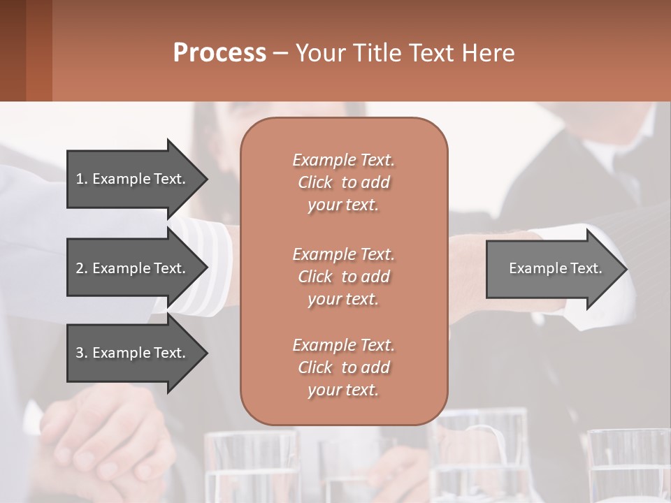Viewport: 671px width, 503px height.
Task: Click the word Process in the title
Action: pyautogui.click(x=219, y=52)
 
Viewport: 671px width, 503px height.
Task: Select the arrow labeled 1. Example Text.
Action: pyautogui.click(x=133, y=179)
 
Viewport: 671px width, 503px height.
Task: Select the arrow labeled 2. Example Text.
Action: pyautogui.click(x=133, y=268)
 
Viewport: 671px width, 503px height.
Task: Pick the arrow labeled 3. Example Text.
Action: pyautogui.click(x=133, y=353)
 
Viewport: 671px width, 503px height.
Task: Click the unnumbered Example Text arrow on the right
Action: pyautogui.click(x=552, y=268)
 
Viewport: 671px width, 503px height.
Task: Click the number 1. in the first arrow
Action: pyautogui.click(x=81, y=179)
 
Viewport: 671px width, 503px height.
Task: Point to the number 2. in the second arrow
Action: pyautogui.click(x=81, y=268)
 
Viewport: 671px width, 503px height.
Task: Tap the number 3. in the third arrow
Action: pyautogui.click(x=81, y=353)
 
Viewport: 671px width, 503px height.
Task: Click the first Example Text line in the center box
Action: pyautogui.click(x=343, y=160)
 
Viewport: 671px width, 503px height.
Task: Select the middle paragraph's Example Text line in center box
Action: pyautogui.click(x=343, y=254)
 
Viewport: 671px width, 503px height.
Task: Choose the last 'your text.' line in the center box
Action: pyautogui.click(x=343, y=391)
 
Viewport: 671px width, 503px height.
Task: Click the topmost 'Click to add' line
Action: pyautogui.click(x=343, y=182)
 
